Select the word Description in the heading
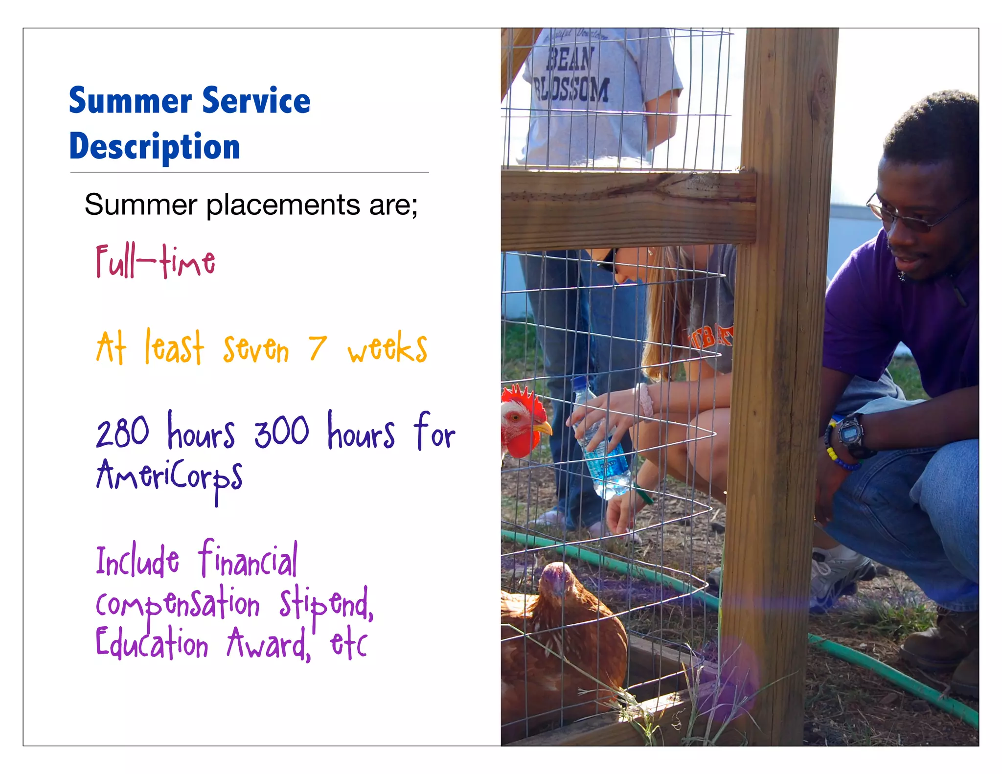click(x=155, y=146)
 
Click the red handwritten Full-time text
click(x=156, y=262)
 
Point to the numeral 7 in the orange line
click(x=317, y=348)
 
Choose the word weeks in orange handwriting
click(x=387, y=348)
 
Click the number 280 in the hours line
click(x=122, y=433)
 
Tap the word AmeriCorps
click(x=169, y=477)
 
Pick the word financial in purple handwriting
click(x=248, y=561)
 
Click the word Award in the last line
click(x=268, y=645)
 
